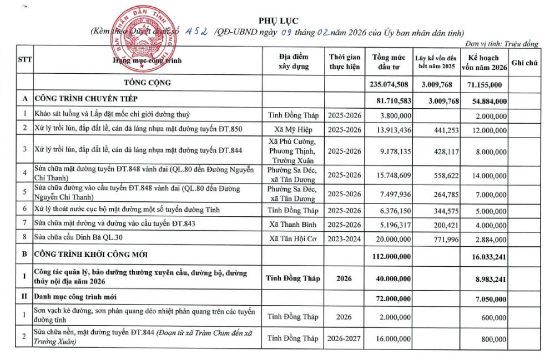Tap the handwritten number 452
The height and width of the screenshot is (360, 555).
click(197, 32)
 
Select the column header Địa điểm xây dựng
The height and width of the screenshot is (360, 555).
click(292, 62)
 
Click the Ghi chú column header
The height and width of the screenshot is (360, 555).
click(525, 62)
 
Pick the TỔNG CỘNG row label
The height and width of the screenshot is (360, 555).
click(148, 83)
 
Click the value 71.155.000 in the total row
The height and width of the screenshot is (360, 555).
click(484, 84)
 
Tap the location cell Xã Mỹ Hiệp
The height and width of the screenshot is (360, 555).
click(292, 129)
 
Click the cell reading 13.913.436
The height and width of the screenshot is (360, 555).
click(392, 129)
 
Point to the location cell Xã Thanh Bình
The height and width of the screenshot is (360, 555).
click(292, 224)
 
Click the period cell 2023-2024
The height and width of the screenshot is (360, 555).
click(344, 239)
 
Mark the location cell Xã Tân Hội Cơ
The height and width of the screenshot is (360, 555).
click(292, 239)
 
